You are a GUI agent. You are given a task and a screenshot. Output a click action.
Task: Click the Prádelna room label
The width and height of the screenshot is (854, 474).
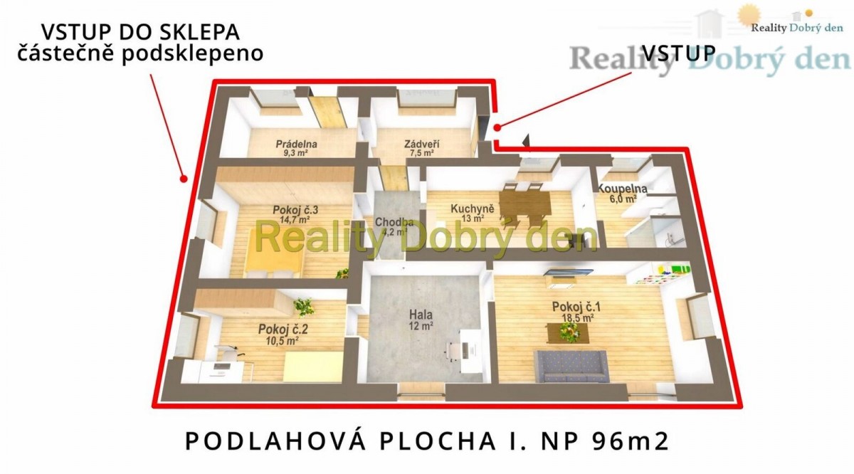pyautogui.click(x=297, y=144)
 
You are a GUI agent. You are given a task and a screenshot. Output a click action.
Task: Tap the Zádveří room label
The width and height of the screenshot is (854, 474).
pyautogui.click(x=421, y=144)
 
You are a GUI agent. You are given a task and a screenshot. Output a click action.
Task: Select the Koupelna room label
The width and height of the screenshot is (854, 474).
pyautogui.click(x=622, y=189)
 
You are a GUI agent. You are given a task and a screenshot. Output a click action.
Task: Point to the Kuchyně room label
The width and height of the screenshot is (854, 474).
pyautogui.click(x=473, y=209)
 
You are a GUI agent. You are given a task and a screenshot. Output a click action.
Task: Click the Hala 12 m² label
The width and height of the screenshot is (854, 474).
pyautogui.click(x=421, y=320)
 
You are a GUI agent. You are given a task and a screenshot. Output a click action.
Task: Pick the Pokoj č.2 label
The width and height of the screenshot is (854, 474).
pyautogui.click(x=283, y=329)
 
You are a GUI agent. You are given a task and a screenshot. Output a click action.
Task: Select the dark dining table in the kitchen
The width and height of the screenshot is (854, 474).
pyautogui.click(x=525, y=204)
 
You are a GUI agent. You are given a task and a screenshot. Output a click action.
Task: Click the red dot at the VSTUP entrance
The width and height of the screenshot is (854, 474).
pyautogui.click(x=497, y=127)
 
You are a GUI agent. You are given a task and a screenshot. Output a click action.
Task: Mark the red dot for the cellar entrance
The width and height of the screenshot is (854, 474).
pyautogui.click(x=184, y=178)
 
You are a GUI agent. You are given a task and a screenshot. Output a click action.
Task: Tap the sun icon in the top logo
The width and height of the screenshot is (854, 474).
pyautogui.click(x=749, y=15)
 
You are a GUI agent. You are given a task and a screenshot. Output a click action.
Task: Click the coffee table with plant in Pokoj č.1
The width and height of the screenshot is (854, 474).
pyautogui.click(x=568, y=333)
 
